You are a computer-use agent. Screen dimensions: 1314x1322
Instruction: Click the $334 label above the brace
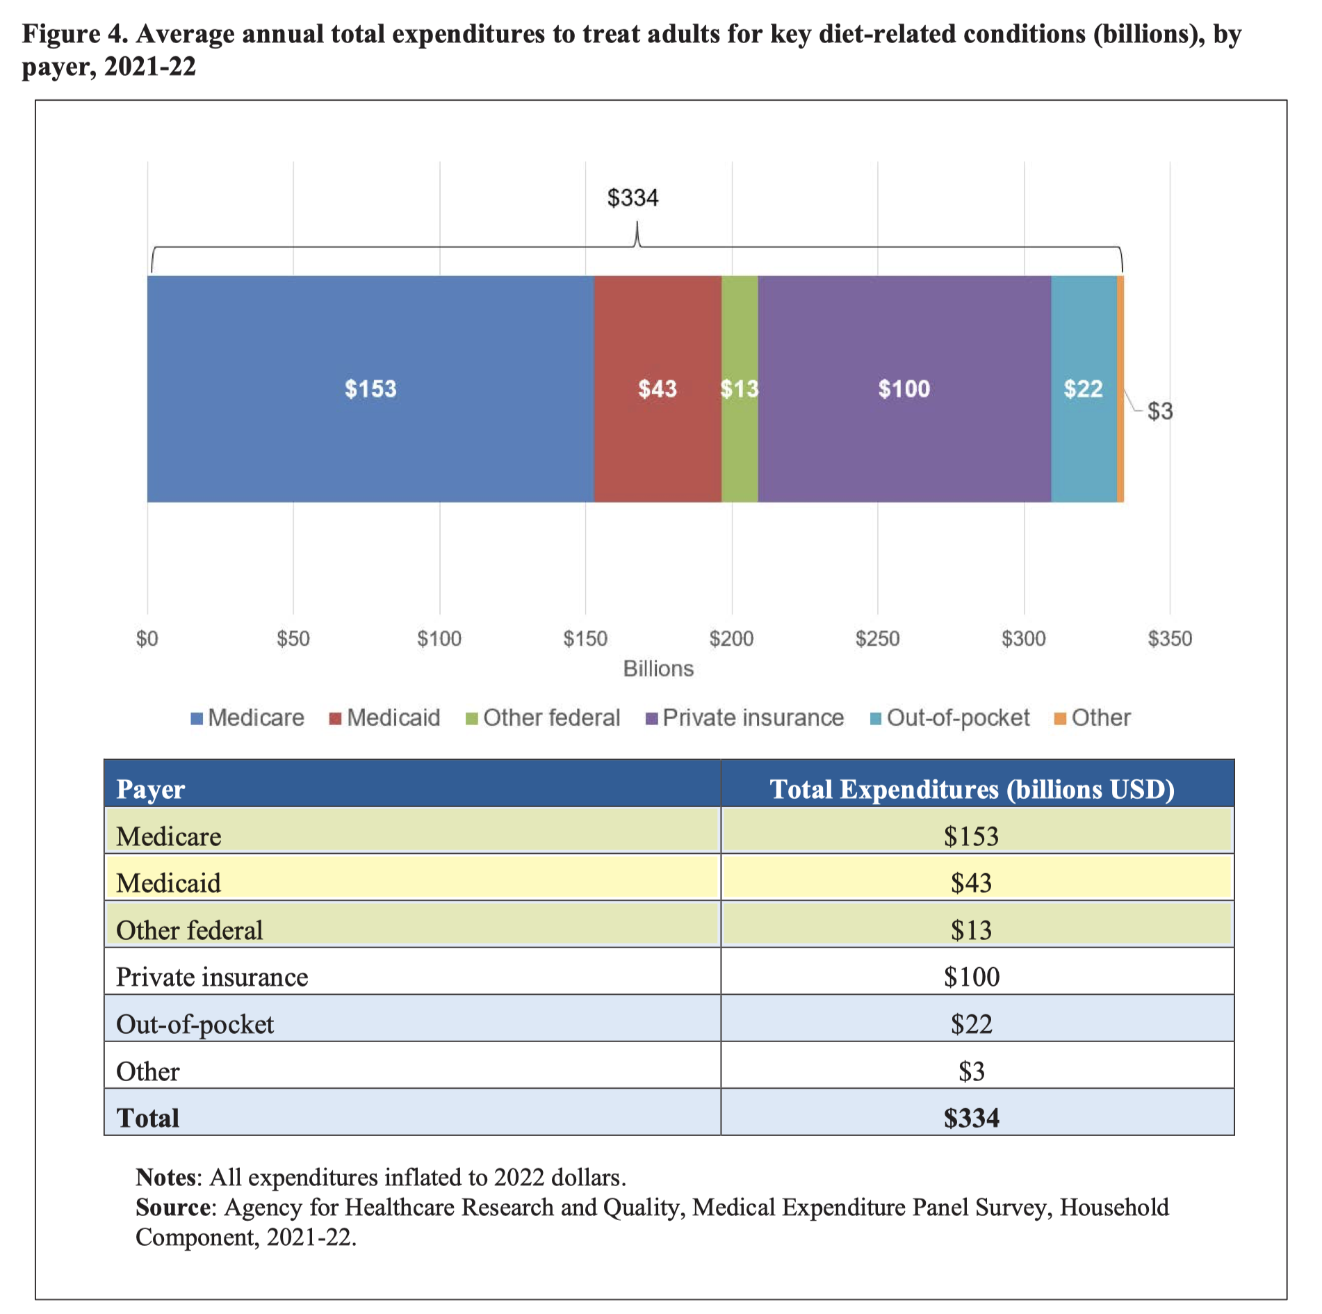click(x=633, y=198)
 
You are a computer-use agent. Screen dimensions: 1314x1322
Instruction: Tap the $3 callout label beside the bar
click(x=1159, y=412)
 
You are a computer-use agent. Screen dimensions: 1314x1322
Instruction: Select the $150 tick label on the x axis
click(x=585, y=638)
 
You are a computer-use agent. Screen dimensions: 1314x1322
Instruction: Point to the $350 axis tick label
click(x=1170, y=638)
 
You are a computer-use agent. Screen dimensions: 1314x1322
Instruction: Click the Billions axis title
click(x=658, y=669)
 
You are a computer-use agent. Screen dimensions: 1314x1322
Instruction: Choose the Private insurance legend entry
click(x=753, y=717)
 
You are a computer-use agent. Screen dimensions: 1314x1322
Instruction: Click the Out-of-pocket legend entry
click(x=958, y=717)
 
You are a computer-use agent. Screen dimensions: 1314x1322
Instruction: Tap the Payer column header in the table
click(x=150, y=789)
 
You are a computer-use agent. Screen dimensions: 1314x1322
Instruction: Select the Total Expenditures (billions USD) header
click(x=972, y=789)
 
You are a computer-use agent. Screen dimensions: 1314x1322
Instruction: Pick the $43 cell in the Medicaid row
click(x=971, y=883)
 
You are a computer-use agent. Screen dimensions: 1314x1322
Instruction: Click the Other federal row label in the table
click(x=189, y=930)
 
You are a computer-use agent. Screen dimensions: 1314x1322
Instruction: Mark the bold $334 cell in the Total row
click(x=971, y=1118)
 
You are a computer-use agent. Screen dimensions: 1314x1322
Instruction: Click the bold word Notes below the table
click(x=166, y=1177)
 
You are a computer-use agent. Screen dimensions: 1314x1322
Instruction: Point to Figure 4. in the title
click(x=76, y=33)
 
